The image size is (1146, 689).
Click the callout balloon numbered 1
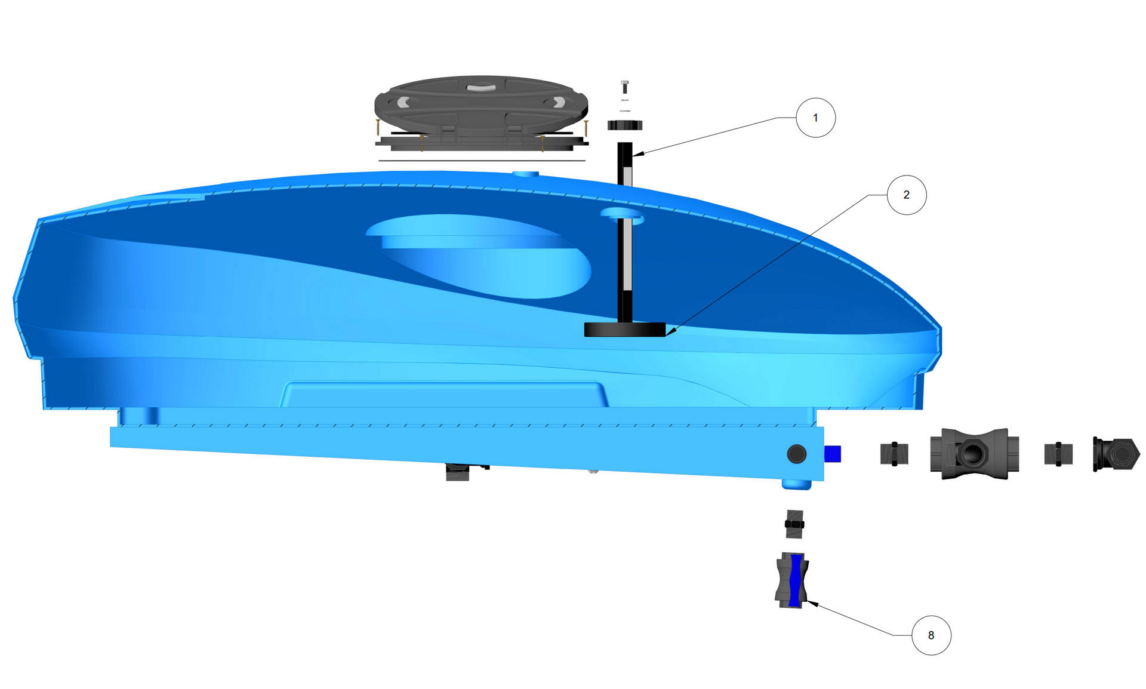point(815,118)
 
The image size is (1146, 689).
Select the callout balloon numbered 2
point(907,195)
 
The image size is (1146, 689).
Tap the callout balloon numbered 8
point(931,635)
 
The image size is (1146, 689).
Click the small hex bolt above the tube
point(625,87)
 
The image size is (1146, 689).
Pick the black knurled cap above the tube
point(625,125)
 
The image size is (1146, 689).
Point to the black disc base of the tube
point(625,330)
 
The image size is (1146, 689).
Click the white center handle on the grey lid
point(481,87)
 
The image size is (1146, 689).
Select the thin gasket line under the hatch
point(482,161)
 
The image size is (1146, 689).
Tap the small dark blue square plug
point(833,454)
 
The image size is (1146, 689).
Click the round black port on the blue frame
point(796,454)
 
